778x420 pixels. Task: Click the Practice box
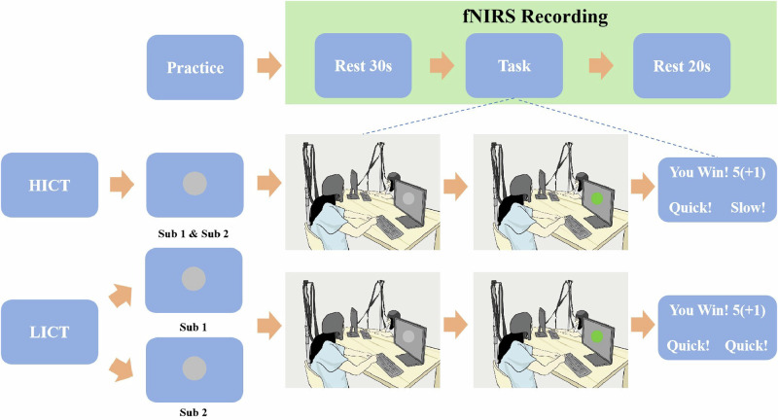coord(195,67)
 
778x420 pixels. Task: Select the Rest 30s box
coord(363,65)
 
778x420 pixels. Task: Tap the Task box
coord(514,65)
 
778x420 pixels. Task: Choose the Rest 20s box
coord(682,65)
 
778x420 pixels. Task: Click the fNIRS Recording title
coord(536,17)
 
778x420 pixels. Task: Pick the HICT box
coord(50,185)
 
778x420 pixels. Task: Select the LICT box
coord(50,332)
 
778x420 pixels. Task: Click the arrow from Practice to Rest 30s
coord(269,66)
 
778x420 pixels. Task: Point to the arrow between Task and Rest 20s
coord(601,65)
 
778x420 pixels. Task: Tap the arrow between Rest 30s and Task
coord(442,65)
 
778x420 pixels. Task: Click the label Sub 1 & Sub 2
coord(193,233)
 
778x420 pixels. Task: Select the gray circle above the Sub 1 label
coord(194,279)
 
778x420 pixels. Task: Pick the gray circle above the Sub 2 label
coord(194,368)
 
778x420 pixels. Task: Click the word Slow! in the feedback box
coord(748,207)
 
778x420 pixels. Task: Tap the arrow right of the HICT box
coord(123,185)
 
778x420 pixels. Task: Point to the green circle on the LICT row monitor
coord(597,336)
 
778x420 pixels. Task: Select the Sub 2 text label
coord(193,412)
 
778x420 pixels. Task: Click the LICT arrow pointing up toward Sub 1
coord(121,296)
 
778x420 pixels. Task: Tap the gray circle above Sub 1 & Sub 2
coord(194,184)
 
